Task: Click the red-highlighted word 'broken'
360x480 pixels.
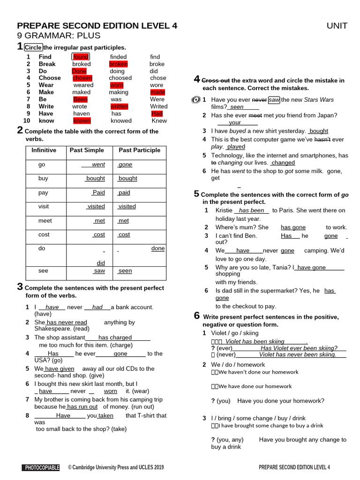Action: pos(118,64)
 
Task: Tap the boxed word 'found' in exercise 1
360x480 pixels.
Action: pos(81,57)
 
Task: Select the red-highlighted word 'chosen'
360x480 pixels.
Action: pos(82,78)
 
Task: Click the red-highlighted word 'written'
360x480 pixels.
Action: pos(119,106)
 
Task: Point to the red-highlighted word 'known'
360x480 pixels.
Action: pos(82,120)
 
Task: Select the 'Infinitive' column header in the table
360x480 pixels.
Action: pos(44,150)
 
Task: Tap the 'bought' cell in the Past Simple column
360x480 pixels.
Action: pos(95,179)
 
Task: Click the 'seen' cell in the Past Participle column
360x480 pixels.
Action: pos(125,271)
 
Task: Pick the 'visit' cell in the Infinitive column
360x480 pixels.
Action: pos(44,206)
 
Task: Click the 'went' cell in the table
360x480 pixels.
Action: pos(98,165)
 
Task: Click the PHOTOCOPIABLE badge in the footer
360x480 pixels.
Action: pos(42,467)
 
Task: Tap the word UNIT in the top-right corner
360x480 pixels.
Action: pos(337,26)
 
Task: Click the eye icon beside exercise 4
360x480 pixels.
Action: pos(196,100)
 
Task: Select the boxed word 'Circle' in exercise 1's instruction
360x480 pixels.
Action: pos(33,47)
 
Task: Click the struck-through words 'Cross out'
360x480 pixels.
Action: pos(216,81)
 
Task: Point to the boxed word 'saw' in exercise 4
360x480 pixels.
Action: pos(274,100)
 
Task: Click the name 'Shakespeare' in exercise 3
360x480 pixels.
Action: pos(53,329)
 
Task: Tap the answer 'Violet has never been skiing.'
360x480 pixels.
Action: pos(298,354)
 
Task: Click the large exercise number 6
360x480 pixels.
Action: pos(197,316)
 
